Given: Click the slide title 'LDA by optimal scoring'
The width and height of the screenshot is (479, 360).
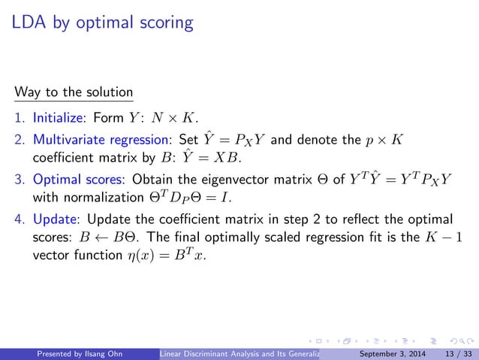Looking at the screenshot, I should pyautogui.click(x=103, y=23).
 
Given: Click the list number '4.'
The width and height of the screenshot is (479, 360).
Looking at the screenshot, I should pyautogui.click(x=19, y=219).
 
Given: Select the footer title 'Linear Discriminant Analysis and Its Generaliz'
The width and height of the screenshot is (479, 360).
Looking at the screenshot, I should pyautogui.click(x=241, y=352).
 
